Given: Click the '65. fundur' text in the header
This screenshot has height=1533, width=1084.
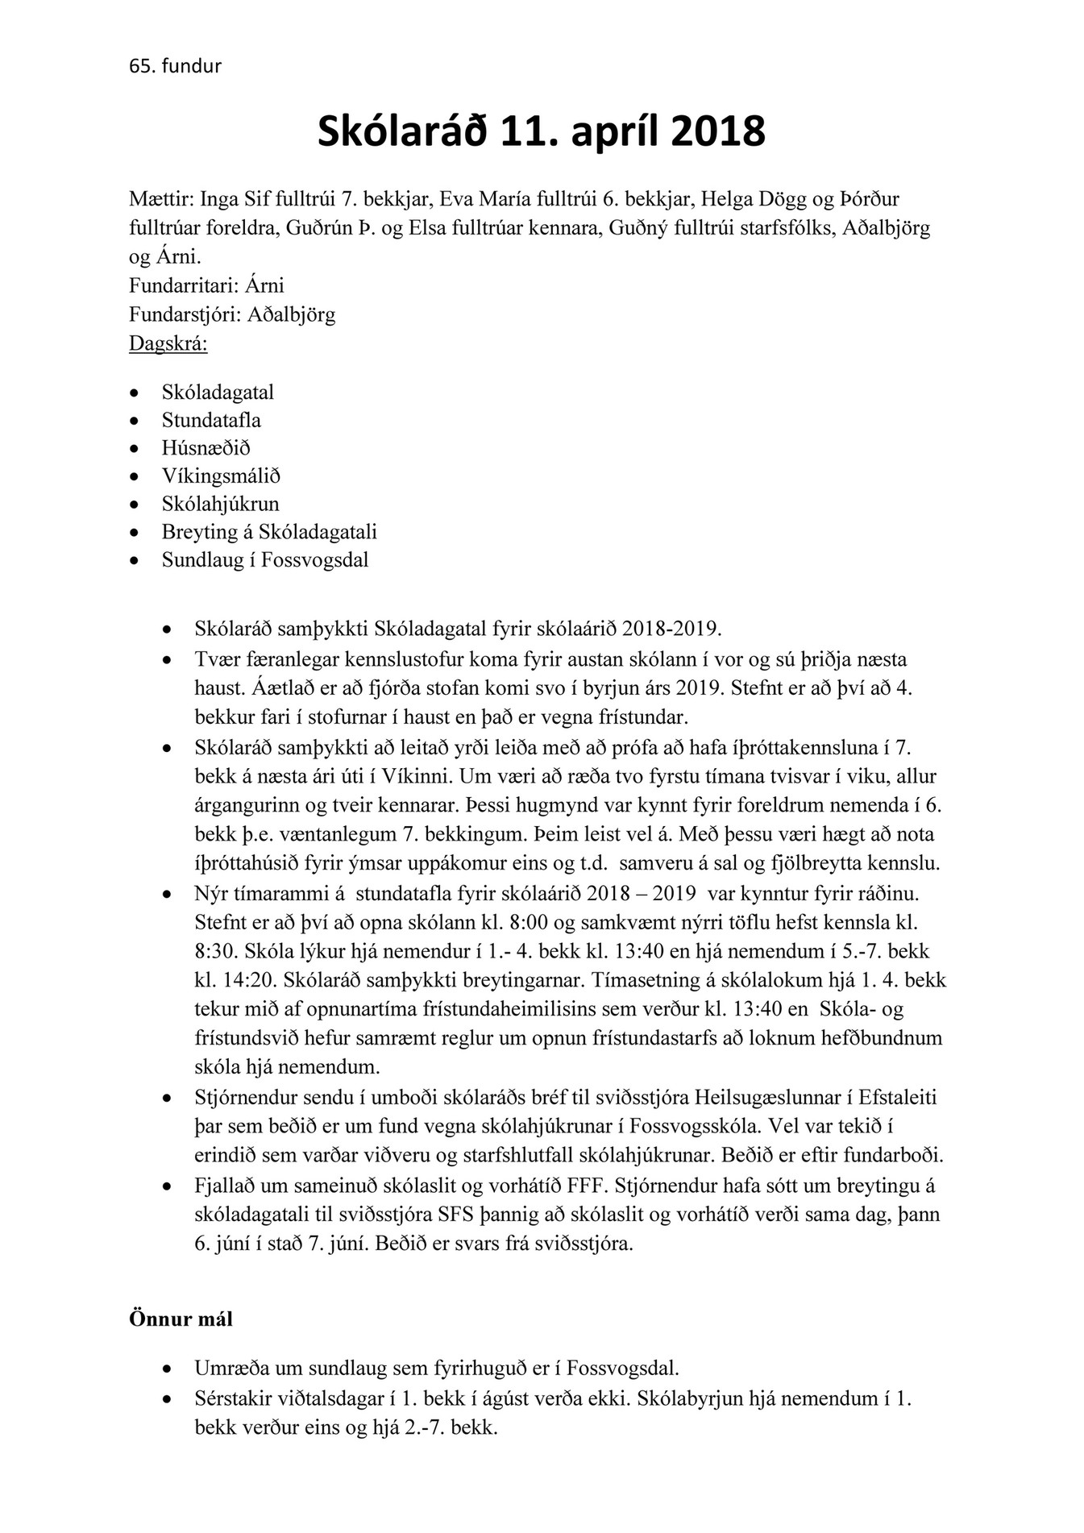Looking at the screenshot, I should point(175,66).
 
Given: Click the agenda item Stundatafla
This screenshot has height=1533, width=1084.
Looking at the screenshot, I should point(211,420).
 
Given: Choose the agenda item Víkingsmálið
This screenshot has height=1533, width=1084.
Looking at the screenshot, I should point(221,476).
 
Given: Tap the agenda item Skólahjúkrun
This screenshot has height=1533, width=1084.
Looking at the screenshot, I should point(220,504).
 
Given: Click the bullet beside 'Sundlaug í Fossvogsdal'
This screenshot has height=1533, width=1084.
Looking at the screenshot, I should point(135,561).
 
